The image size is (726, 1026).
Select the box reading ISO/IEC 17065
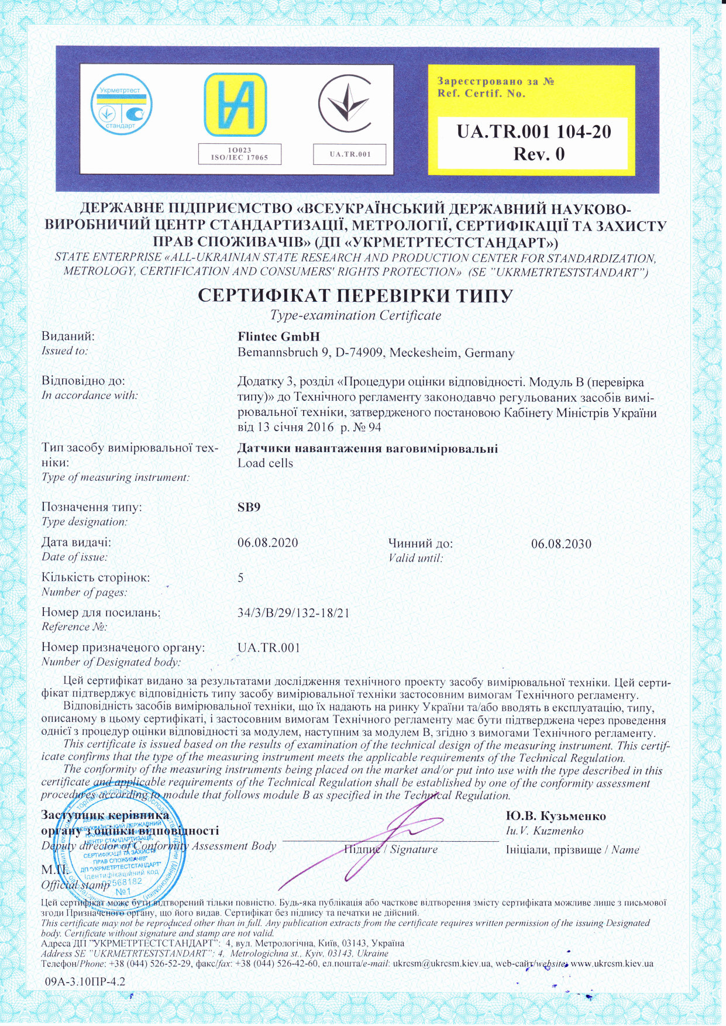pos(239,154)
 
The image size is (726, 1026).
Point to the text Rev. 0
pos(538,154)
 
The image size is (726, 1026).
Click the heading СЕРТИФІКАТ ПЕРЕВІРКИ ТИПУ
pos(356,295)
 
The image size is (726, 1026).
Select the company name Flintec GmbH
pos(279,337)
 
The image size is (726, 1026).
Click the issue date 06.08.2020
pos(268,543)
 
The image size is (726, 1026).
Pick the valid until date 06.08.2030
pos(561,544)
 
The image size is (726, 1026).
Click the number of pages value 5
pos(240,578)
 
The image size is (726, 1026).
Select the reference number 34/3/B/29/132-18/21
pos(294,613)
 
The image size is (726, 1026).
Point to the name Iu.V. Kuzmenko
pos(544,831)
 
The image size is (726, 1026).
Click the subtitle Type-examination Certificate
pos(355,315)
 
